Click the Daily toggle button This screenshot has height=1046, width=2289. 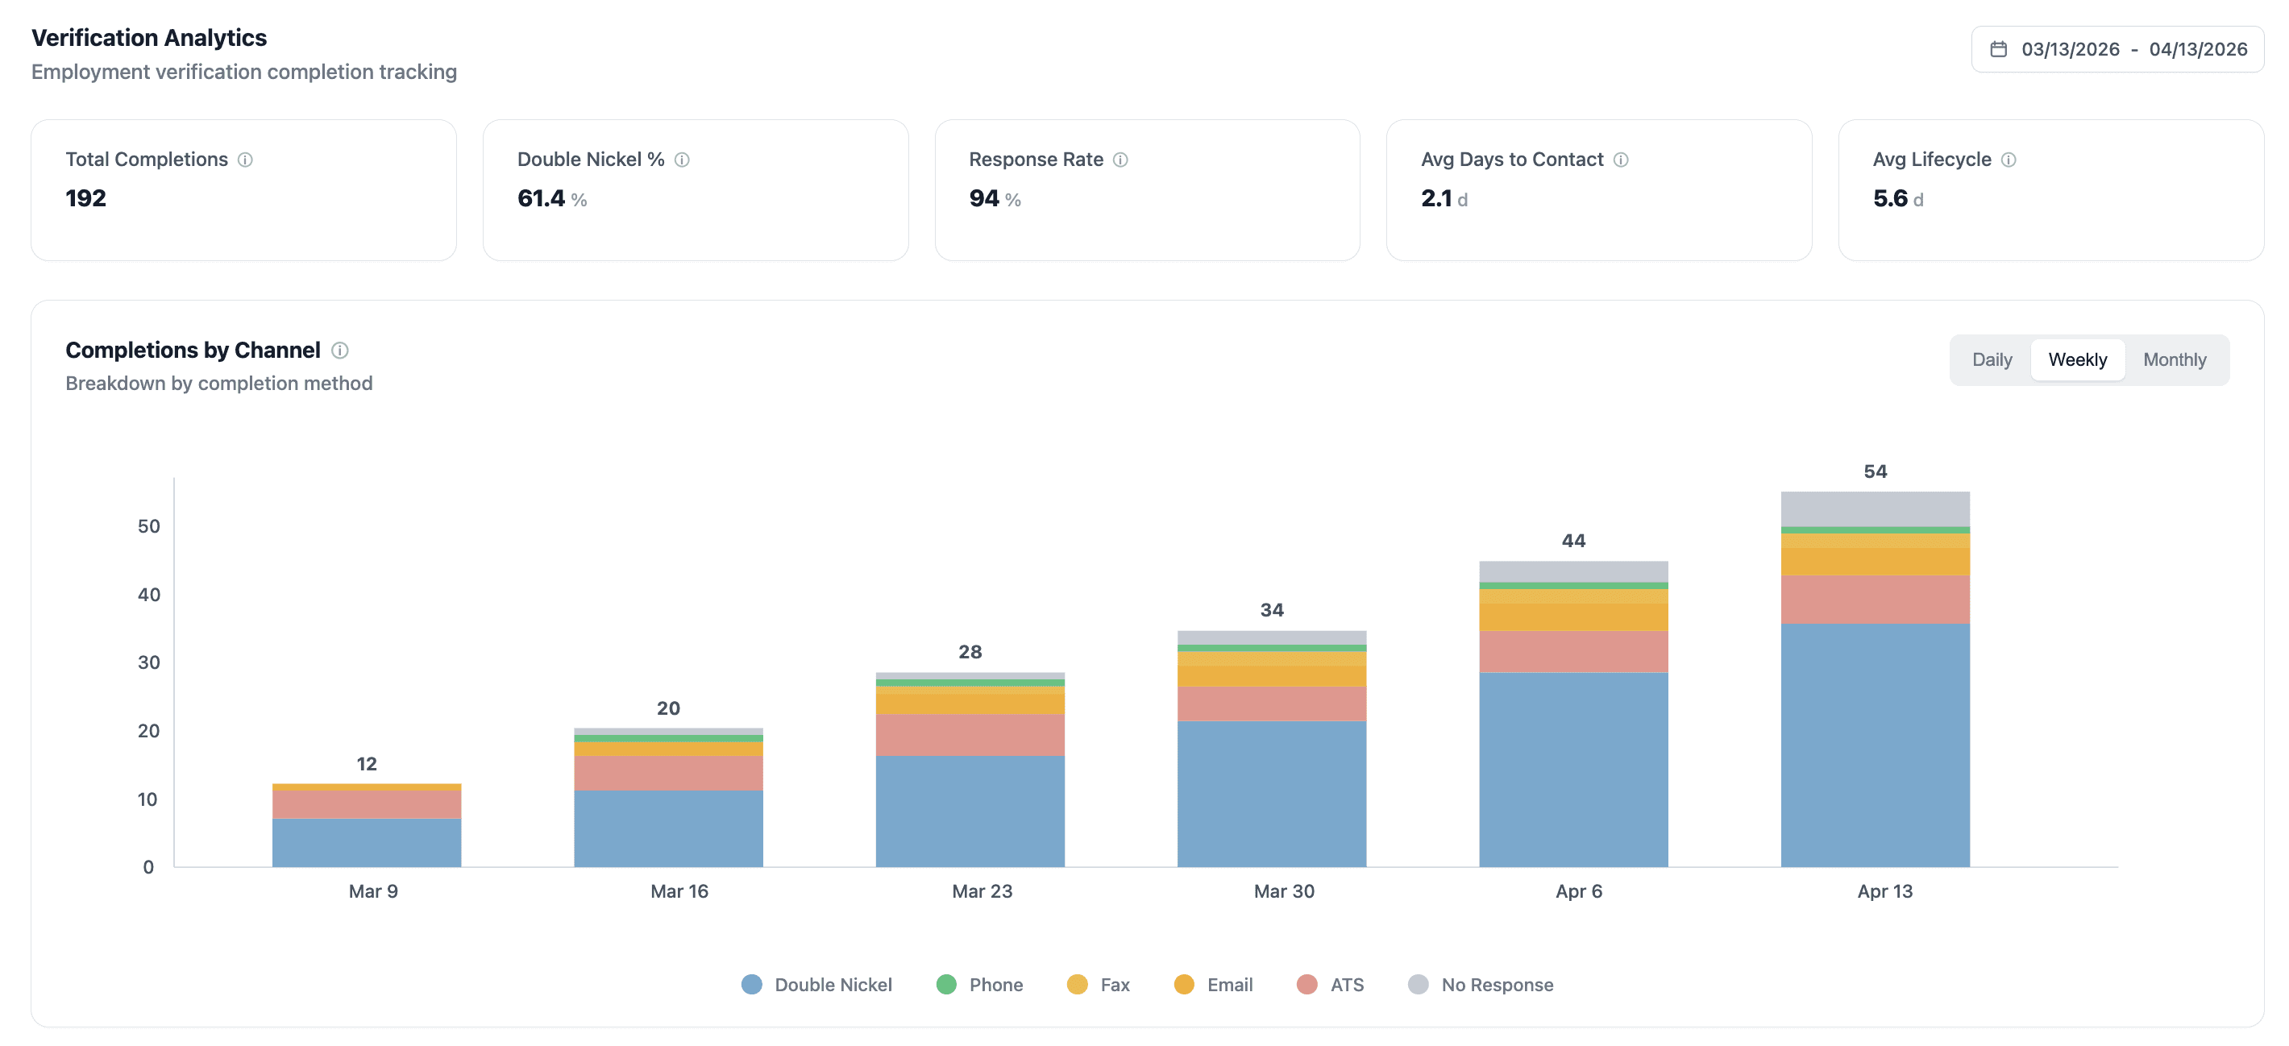tap(1992, 360)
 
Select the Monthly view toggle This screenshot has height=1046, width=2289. tap(2174, 360)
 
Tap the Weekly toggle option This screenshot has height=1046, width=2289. tap(2077, 360)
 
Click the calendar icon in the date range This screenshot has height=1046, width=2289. tap(1998, 50)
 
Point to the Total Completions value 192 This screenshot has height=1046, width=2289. tap(86, 198)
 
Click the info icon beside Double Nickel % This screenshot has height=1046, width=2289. tap(682, 160)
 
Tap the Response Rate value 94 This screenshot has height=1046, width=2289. tap(983, 198)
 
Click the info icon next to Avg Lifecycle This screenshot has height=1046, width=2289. tap(2009, 160)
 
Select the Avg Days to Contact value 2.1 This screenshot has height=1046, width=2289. tap(1436, 198)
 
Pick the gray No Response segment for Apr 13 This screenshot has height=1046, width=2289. tap(1875, 508)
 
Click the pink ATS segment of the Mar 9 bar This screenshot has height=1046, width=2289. tap(366, 804)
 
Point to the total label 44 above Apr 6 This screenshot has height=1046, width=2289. tap(1572, 541)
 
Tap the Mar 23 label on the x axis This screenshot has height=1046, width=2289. tap(982, 891)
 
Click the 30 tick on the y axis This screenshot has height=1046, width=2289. tap(148, 662)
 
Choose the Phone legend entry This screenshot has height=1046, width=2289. tap(980, 985)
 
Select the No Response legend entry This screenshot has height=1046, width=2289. tap(1481, 985)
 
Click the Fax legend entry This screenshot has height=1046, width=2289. tap(1099, 985)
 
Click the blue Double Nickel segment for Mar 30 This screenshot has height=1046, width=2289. tap(1272, 794)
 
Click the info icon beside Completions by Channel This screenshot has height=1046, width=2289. tap(339, 351)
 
